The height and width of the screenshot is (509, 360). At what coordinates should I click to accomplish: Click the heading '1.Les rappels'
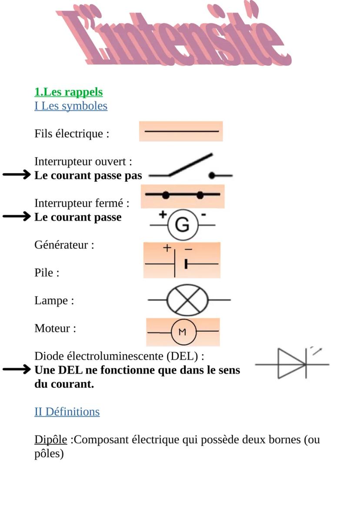point(69,92)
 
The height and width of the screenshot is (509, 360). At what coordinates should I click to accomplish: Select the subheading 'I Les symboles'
point(71,106)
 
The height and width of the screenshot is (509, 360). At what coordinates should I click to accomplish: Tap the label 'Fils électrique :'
point(72,133)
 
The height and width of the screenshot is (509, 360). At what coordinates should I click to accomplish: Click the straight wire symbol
point(181,131)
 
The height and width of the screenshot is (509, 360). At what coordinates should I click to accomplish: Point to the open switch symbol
point(190,167)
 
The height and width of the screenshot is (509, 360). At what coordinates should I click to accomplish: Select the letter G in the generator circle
point(183,225)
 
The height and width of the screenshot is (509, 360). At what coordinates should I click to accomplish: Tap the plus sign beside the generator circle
point(163,214)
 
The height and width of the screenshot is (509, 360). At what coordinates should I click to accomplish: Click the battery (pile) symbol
point(182,261)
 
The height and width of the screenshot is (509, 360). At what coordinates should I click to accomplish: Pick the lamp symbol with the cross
point(188,300)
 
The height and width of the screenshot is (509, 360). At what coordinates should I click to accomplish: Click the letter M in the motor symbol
point(183,332)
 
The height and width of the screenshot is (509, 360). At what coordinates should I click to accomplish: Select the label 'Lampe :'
point(54,300)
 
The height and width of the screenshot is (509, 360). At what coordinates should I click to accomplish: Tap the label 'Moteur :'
point(55,328)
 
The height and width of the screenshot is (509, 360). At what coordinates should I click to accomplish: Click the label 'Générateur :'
point(64,245)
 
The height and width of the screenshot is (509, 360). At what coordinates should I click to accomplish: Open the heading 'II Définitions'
point(67,412)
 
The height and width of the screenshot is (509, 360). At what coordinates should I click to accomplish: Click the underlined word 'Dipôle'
point(51,439)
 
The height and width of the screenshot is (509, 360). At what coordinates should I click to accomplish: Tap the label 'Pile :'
point(47,273)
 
